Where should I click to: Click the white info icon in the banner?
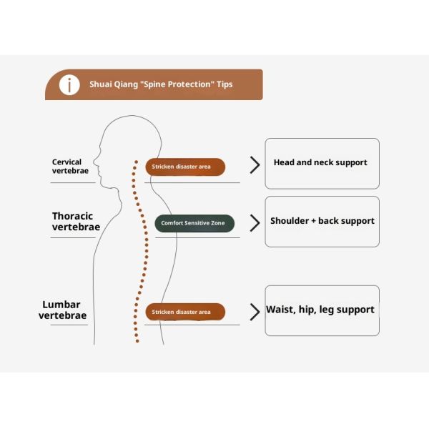click(x=69, y=85)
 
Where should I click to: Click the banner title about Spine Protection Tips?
click(x=161, y=84)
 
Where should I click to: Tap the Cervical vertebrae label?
click(x=70, y=166)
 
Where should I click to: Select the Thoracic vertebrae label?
click(x=76, y=222)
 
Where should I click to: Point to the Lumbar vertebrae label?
click(x=63, y=310)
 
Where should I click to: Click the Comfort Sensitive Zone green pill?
click(x=194, y=223)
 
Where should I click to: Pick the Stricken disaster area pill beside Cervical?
click(x=185, y=167)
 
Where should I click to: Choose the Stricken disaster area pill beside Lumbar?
click(x=185, y=312)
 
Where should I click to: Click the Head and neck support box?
click(x=322, y=164)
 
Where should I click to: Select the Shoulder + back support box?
click(x=322, y=222)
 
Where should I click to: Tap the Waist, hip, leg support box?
click(x=322, y=310)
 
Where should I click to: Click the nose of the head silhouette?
click(x=94, y=162)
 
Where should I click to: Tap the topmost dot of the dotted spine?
click(x=137, y=162)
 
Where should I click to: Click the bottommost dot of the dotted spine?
click(x=137, y=341)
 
